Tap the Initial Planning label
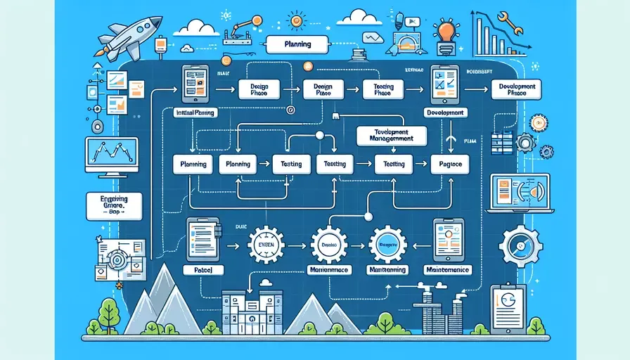195,113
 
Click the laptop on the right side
513,194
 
